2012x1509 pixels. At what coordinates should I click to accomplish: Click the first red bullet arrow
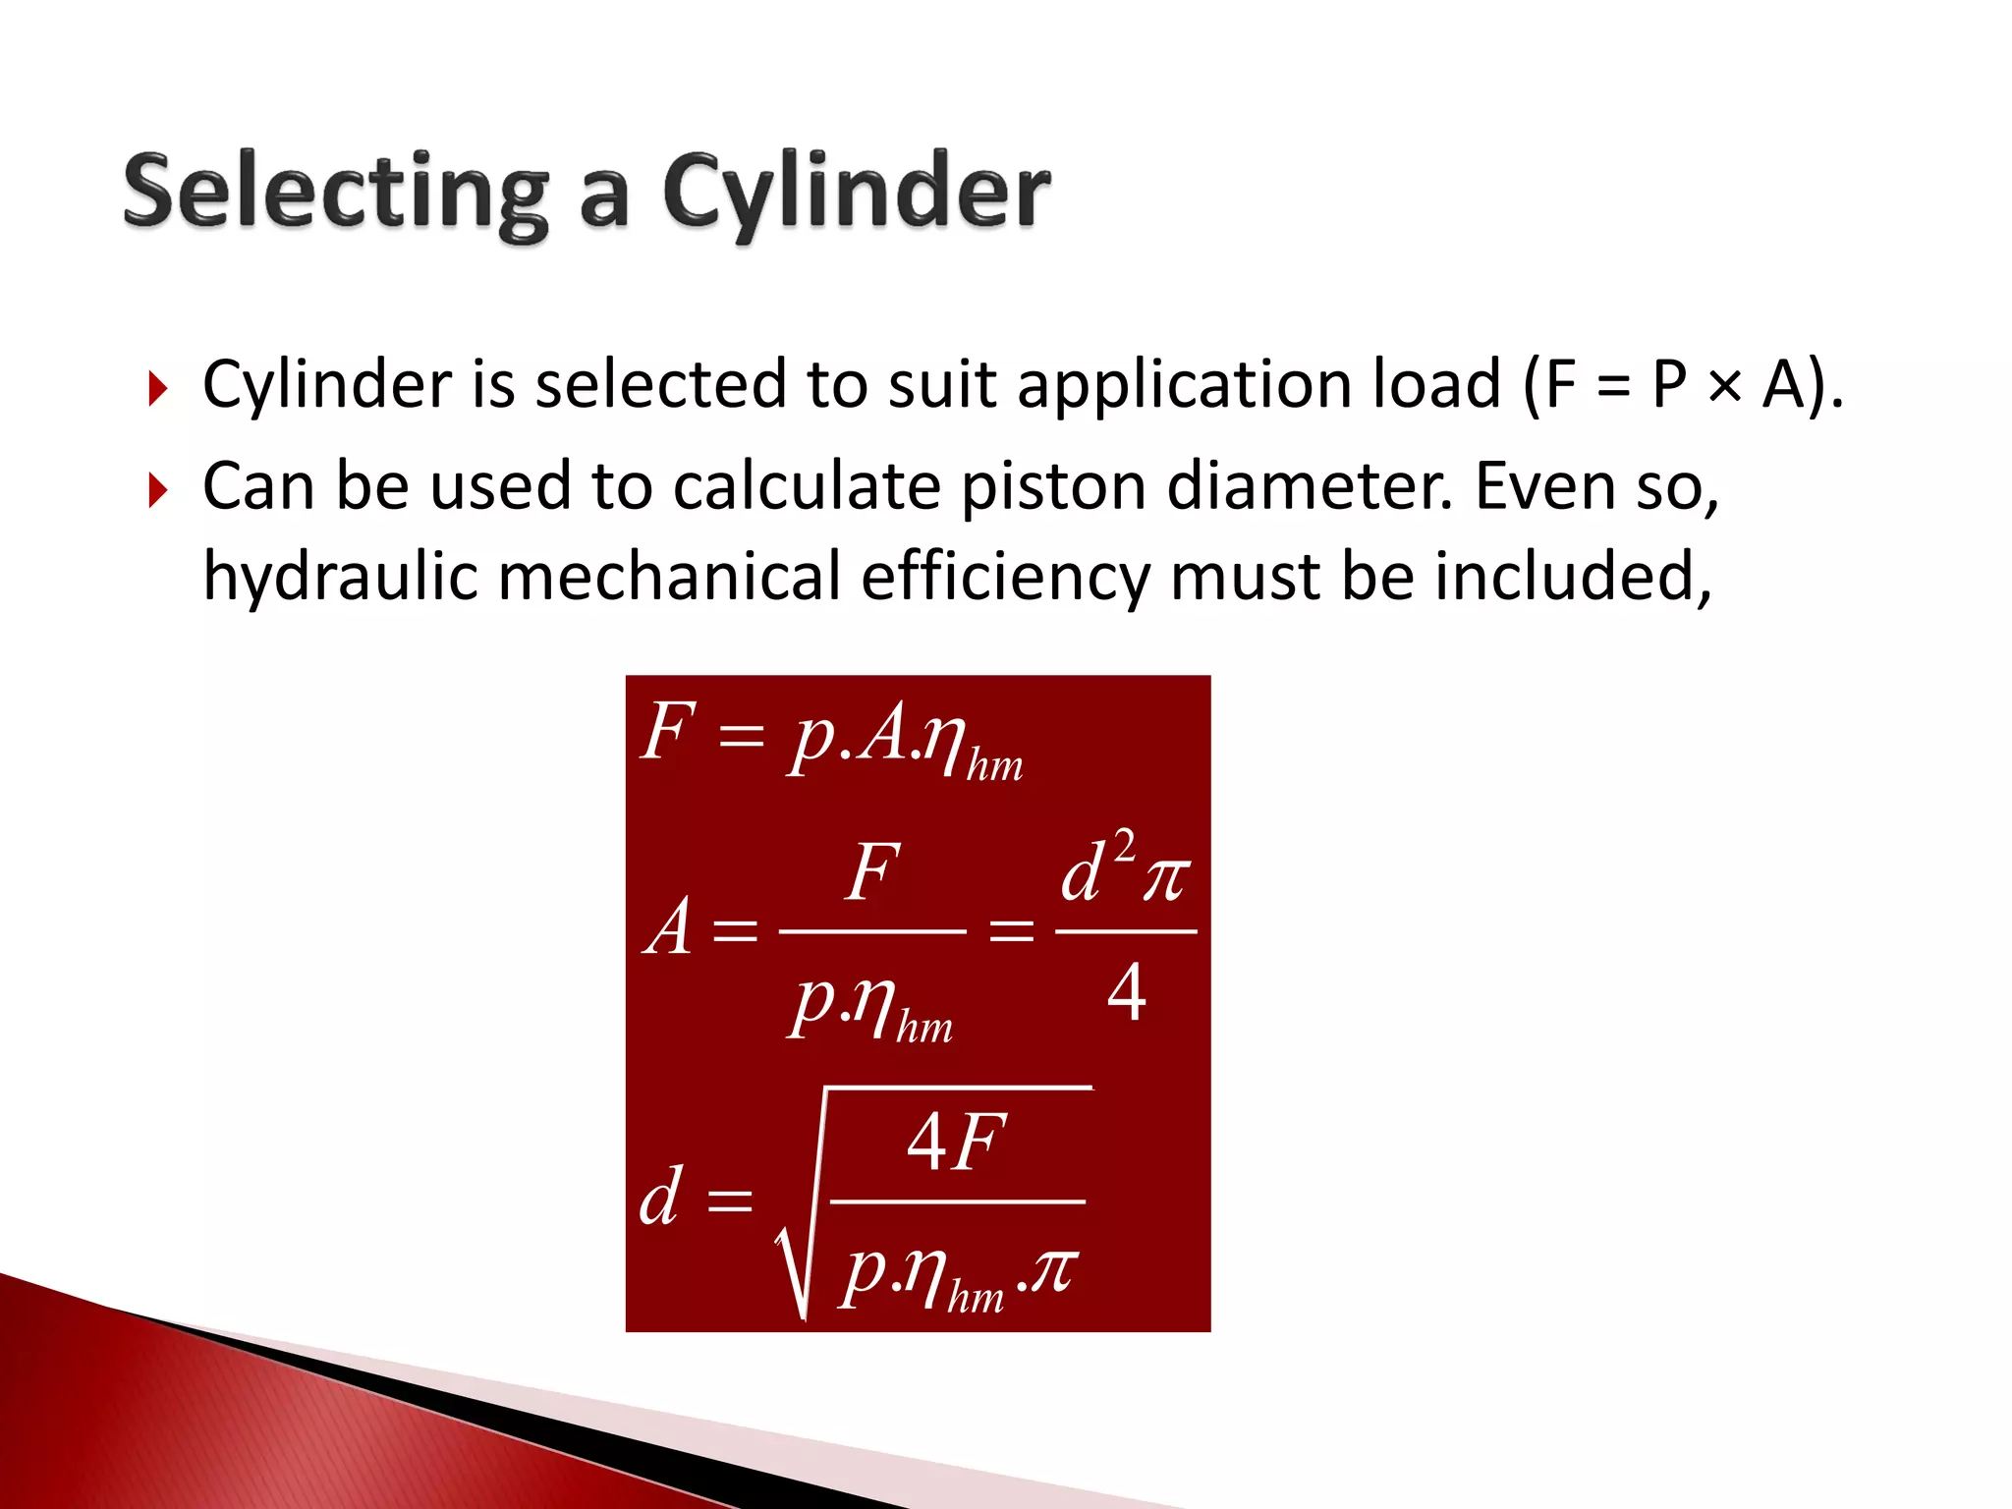click(158, 389)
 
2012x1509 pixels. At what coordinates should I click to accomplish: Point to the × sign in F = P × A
click(1724, 385)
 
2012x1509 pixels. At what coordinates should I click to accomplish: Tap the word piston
click(1052, 487)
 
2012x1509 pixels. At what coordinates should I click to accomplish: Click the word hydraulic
click(339, 578)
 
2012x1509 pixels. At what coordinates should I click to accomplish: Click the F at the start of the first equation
click(668, 732)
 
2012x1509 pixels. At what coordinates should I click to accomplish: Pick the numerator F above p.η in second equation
click(872, 872)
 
